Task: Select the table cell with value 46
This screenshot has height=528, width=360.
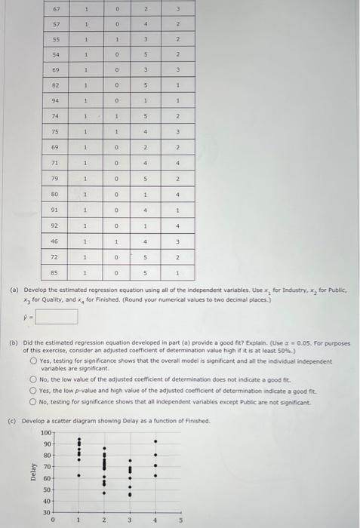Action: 55,241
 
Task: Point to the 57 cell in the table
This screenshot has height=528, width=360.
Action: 55,24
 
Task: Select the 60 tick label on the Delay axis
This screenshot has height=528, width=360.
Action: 46,478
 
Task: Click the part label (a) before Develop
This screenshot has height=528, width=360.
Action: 13,290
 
